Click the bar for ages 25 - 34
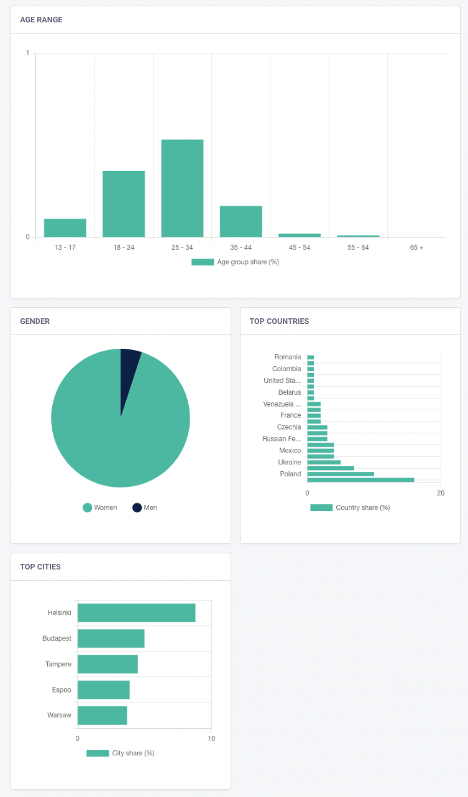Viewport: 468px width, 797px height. coord(182,188)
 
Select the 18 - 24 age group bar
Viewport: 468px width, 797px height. coord(124,204)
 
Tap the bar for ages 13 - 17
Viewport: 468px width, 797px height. coord(65,228)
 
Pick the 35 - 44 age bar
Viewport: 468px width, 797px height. coord(241,221)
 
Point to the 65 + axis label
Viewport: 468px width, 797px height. coord(416,247)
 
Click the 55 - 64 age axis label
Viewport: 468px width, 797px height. coord(358,247)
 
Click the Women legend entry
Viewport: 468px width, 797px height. coord(100,507)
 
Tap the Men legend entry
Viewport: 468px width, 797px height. coord(145,507)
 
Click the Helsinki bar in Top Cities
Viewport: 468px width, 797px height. coord(137,613)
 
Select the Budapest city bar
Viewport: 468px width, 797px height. coord(111,638)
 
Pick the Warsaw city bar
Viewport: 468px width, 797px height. coord(103,715)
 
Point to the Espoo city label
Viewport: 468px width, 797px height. coord(62,690)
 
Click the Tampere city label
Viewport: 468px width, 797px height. coord(58,664)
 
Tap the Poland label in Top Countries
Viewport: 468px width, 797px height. coord(290,474)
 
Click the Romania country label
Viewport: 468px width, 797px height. coord(288,357)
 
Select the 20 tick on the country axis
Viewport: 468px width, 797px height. coord(441,493)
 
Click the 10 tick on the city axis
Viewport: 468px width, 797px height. coord(211,739)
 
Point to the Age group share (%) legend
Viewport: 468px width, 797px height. coord(235,262)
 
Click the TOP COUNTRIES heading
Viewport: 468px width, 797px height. coord(279,321)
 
